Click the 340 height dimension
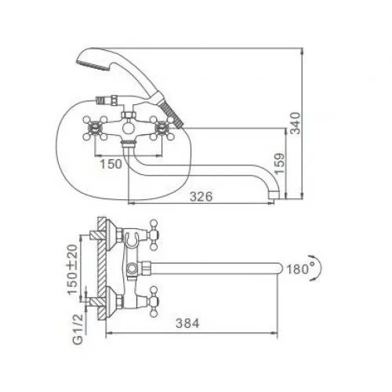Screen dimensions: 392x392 pos(296,123)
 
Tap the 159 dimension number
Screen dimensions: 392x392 pos(279,164)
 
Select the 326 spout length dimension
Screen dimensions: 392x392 pos(201,196)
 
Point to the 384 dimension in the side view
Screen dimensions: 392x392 pos(187,323)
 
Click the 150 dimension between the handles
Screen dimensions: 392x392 pos(111,164)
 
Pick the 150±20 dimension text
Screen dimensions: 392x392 pos(73,269)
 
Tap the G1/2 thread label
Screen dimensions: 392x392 pos(78,329)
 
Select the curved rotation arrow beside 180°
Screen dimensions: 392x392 pos(319,268)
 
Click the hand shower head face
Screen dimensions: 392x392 pos(93,65)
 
